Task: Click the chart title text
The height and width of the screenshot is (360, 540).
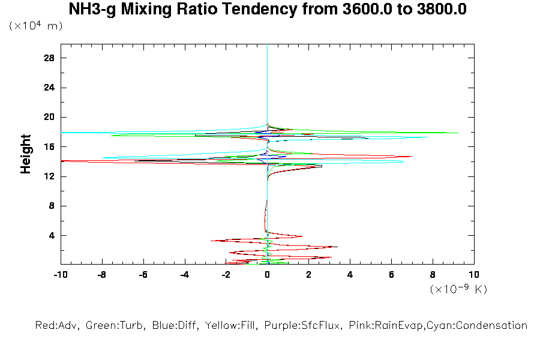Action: click(268, 10)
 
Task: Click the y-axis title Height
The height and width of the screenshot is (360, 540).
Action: click(26, 154)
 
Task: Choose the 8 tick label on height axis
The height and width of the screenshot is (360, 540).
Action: click(52, 206)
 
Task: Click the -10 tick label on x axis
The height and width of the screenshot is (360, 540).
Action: click(60, 275)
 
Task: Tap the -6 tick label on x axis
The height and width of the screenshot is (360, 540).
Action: click(143, 275)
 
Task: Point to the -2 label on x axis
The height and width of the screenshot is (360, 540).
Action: click(226, 275)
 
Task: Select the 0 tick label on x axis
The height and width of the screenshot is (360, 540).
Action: click(268, 275)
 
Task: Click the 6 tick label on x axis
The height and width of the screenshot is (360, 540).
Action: click(392, 275)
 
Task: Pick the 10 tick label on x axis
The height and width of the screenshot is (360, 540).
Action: click(474, 275)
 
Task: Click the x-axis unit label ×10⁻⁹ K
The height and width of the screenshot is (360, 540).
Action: click(458, 289)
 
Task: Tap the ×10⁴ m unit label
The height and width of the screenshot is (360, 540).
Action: click(35, 26)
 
